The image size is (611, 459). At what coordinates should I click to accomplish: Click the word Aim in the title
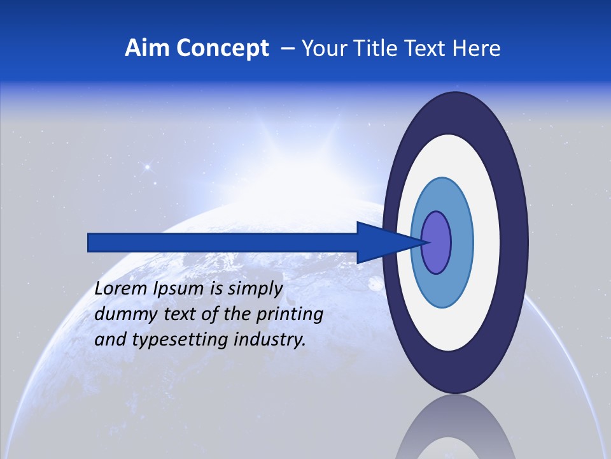(x=146, y=48)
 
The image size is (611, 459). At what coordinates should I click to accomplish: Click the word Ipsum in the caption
(x=179, y=289)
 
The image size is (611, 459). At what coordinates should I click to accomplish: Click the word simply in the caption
(x=255, y=289)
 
